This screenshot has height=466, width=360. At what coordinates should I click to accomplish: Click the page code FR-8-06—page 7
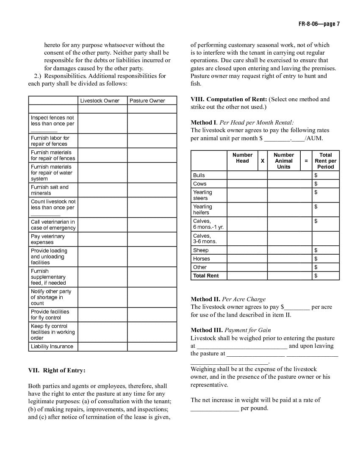pos(318,24)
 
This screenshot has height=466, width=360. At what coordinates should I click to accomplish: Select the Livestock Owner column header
pos(100,101)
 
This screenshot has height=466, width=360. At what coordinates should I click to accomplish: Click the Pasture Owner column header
pos(147,101)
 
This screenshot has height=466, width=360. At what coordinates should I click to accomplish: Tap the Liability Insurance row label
pos(52,347)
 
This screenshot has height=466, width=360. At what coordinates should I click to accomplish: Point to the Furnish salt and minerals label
pos(50,190)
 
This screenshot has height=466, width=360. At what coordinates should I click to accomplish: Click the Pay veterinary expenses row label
pos(48,239)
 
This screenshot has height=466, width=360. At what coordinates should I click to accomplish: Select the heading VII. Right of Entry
pos(57,370)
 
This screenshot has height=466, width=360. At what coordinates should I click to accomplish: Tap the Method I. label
pos(204,122)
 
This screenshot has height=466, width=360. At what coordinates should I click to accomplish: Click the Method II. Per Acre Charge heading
pos(228,299)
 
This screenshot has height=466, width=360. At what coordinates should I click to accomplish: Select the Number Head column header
pos(242,158)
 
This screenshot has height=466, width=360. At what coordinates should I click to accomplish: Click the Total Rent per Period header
pos(326,161)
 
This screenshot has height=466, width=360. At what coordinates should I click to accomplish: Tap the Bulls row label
pos(199,175)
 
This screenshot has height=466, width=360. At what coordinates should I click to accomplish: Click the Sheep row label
pos(201,250)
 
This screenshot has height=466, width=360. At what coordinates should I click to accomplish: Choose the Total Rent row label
pos(206,276)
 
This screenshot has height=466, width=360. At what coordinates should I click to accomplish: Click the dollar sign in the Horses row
pos(316,259)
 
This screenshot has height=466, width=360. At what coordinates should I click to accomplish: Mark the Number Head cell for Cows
pos(247,184)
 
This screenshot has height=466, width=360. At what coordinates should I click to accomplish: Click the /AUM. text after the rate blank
pos(313,138)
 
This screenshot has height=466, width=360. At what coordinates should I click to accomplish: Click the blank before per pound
pos(214,408)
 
